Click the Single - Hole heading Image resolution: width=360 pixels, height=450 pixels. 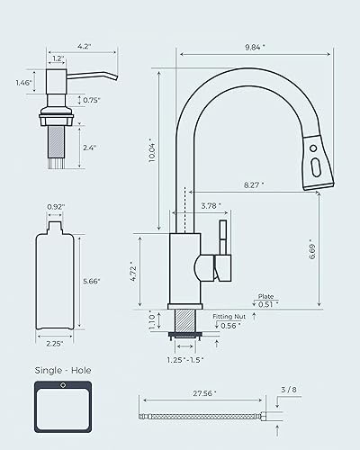click(x=62, y=370)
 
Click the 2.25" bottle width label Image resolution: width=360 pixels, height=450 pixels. click(x=51, y=342)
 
